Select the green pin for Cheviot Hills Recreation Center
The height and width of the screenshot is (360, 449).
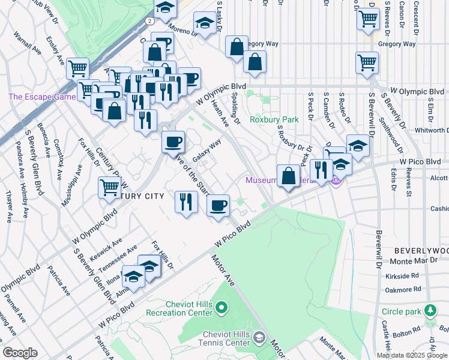(221, 308)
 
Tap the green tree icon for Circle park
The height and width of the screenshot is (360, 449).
(429, 311)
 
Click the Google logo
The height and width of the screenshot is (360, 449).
(20, 353)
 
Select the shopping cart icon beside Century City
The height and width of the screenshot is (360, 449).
(110, 187)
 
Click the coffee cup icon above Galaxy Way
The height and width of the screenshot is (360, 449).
(173, 142)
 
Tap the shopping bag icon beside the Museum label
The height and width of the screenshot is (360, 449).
(289, 176)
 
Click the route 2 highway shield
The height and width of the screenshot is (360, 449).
(148, 20)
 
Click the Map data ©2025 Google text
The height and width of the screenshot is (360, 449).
(412, 355)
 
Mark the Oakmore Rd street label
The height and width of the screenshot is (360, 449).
(402, 289)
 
